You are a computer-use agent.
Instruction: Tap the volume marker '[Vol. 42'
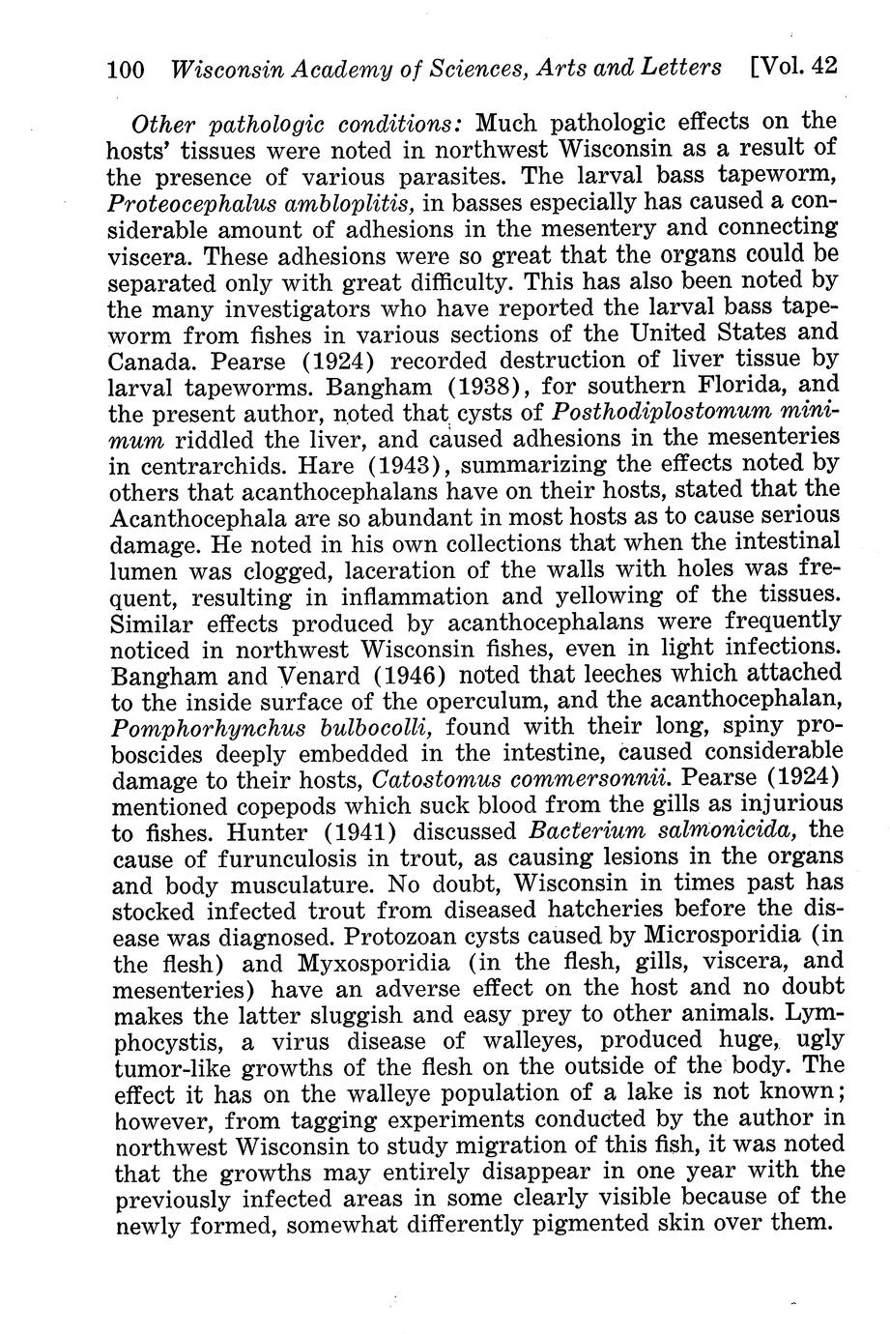pos(791,67)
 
